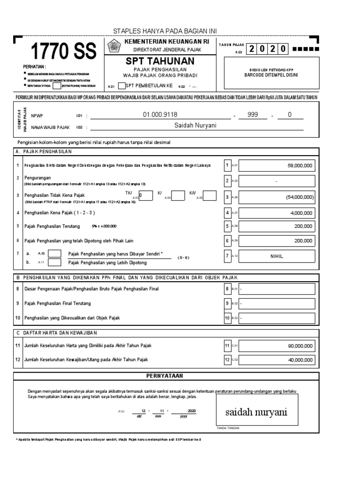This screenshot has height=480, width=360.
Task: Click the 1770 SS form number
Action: pos(63,51)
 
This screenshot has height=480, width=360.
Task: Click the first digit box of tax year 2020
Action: pos(253,49)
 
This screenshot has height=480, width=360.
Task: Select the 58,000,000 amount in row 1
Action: pos(300,165)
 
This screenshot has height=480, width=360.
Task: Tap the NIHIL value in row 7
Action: pos(276,256)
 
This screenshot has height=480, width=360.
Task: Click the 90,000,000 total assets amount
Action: pos(300,346)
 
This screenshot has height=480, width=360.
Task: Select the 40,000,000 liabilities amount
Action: pos(300,360)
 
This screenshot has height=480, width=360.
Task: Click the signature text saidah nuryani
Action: pos(255,412)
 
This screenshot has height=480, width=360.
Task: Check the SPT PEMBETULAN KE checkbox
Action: pos(122,86)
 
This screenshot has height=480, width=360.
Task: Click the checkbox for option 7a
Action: pos(55,254)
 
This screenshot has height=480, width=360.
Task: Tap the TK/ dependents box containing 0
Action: pos(146,195)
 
